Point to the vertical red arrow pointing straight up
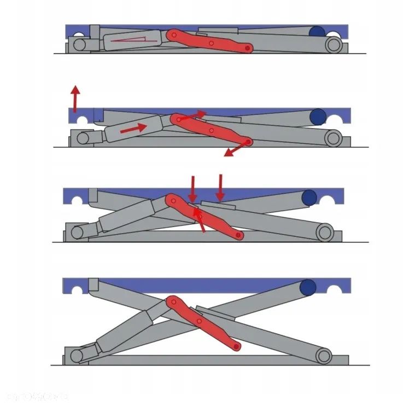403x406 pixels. point(75,98)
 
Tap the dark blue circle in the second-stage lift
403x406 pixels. point(317,117)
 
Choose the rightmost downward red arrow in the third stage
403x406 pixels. point(220,188)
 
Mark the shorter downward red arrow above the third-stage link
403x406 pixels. point(192,189)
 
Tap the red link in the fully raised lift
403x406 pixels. point(203,323)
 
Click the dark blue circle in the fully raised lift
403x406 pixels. point(309,287)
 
